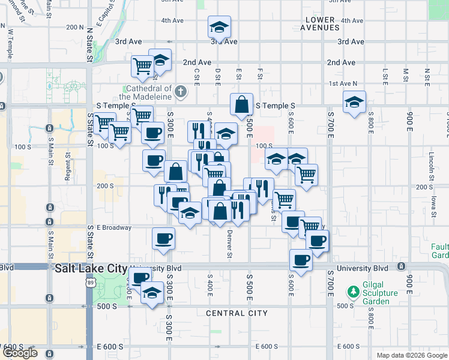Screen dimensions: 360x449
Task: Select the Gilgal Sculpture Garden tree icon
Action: (354, 293)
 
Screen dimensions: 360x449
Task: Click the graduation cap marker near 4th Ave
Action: (220, 27)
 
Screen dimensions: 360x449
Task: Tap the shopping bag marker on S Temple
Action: (241, 104)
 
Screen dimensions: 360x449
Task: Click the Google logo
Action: (20, 353)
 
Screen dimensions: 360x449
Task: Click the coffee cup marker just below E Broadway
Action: (163, 239)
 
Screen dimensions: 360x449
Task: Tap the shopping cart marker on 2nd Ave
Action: (142, 66)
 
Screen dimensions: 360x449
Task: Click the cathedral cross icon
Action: (181, 92)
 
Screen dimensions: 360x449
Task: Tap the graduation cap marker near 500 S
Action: (152, 293)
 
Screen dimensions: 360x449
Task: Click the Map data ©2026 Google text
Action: (411, 355)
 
